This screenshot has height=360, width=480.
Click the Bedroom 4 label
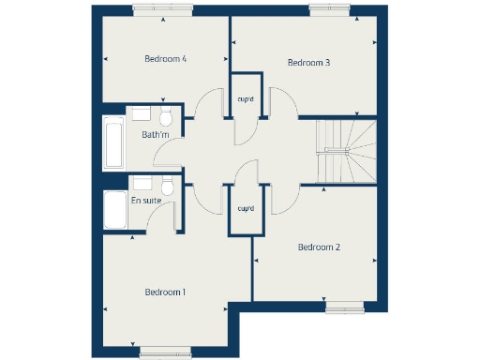165,58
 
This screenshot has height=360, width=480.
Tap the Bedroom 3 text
308,63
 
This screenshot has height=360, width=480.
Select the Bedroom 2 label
318,247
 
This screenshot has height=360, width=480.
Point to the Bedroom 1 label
165,292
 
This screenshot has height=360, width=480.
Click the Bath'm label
156,135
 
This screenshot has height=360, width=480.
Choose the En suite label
146,201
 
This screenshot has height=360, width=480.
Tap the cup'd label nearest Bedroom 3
247,97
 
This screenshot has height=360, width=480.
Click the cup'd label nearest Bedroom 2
246,208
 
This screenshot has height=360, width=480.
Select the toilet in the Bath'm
166,117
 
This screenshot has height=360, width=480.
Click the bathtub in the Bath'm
113,142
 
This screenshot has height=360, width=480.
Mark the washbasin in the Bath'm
142,113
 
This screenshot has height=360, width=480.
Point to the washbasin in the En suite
142,180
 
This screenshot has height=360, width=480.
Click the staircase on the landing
346,151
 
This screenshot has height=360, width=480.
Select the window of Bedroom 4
163,9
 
